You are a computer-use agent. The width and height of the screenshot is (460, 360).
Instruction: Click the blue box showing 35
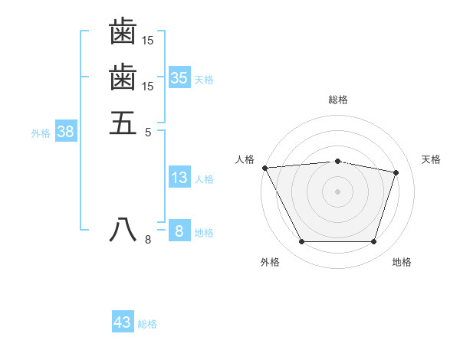(179, 77)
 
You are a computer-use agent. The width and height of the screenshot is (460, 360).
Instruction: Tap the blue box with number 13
(179, 178)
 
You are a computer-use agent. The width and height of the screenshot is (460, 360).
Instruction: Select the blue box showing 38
(66, 131)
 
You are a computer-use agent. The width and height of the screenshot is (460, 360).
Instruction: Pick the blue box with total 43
(123, 322)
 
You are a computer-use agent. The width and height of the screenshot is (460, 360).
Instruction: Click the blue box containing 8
(179, 231)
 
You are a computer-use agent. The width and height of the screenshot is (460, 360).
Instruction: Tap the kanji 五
(123, 123)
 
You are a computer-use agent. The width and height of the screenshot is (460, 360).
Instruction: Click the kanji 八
(123, 231)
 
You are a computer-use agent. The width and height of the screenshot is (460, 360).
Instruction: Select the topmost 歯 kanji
(123, 31)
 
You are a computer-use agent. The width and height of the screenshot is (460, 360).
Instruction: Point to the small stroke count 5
(148, 132)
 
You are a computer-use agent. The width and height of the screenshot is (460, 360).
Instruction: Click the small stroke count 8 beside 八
(148, 241)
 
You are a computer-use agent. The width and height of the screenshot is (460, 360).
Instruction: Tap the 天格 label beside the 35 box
(204, 79)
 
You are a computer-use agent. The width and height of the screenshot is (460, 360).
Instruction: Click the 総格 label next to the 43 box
(147, 324)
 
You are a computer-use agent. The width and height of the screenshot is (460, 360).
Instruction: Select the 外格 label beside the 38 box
(41, 133)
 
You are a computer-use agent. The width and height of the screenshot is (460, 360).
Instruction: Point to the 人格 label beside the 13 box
(204, 179)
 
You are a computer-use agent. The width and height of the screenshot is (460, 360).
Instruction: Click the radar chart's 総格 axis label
(338, 99)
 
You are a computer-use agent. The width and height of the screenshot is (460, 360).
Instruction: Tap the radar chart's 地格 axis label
(402, 262)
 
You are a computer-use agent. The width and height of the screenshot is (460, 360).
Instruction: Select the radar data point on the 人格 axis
(264, 167)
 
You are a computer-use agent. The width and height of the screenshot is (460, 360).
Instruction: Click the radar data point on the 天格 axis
(396, 172)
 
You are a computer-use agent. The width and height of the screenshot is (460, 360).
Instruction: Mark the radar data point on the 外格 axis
(301, 242)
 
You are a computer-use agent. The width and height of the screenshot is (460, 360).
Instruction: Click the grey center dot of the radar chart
(338, 191)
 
